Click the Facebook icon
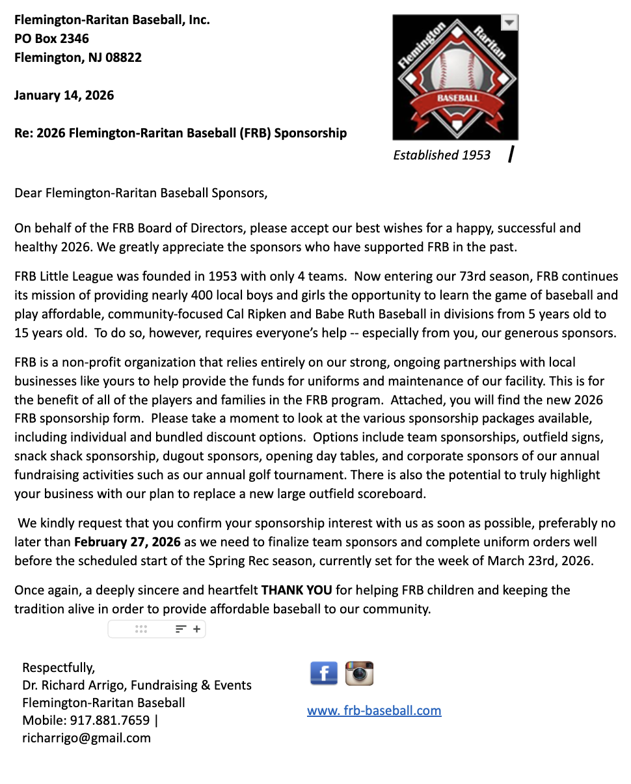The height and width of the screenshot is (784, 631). pos(324,673)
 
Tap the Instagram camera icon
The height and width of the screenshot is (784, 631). pos(359,673)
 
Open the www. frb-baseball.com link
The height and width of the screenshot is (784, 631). pos(374,710)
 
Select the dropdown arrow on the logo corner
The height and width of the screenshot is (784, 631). pos(509,22)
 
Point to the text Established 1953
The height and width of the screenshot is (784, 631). pos(442,155)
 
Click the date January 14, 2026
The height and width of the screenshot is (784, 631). pos(64,95)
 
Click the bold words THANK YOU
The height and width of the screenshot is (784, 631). pos(297,591)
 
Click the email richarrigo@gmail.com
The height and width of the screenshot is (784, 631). pos(87,738)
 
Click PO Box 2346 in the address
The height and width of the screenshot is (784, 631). pos(51,38)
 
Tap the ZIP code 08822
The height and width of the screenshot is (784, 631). pos(124,57)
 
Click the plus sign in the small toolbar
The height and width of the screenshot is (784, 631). pos(196,629)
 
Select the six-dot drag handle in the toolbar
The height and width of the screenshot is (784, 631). pos(141,629)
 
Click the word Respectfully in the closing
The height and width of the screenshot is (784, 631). pos(59,667)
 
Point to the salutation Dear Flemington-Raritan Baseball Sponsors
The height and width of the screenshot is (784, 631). pos(141,193)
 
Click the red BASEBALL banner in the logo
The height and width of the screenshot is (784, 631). pos(457,98)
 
